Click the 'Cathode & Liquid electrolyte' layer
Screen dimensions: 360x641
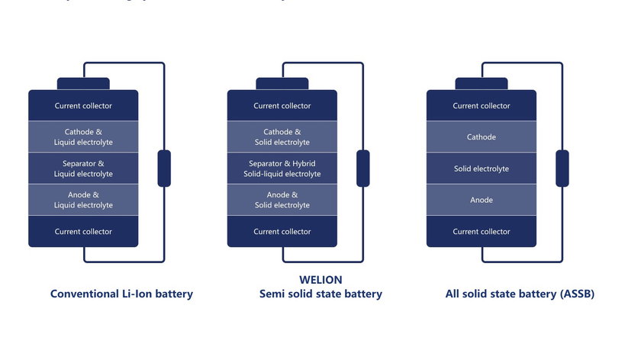83,137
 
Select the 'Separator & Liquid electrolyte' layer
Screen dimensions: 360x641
83,169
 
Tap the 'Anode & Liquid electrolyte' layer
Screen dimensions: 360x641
83,200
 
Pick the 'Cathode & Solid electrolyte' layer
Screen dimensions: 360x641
282,137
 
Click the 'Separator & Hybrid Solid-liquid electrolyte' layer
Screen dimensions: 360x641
282,169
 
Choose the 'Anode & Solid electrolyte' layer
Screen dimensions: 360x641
282,200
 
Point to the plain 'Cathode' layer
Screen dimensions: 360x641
481,137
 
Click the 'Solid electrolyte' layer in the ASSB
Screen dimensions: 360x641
481,169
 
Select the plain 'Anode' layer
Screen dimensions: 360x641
481,200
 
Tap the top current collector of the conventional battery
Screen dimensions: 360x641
83,106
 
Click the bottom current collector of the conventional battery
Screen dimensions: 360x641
83,231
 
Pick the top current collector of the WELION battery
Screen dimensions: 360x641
282,106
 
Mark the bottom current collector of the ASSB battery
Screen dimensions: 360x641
481,231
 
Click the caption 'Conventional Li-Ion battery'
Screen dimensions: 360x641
121,294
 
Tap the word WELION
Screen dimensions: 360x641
320,279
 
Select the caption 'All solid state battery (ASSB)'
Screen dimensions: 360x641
520,294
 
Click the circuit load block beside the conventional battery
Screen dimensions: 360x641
164,169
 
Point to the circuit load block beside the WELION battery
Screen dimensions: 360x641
363,169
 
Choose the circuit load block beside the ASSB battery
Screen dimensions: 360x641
562,169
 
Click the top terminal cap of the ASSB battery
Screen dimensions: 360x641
481,84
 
